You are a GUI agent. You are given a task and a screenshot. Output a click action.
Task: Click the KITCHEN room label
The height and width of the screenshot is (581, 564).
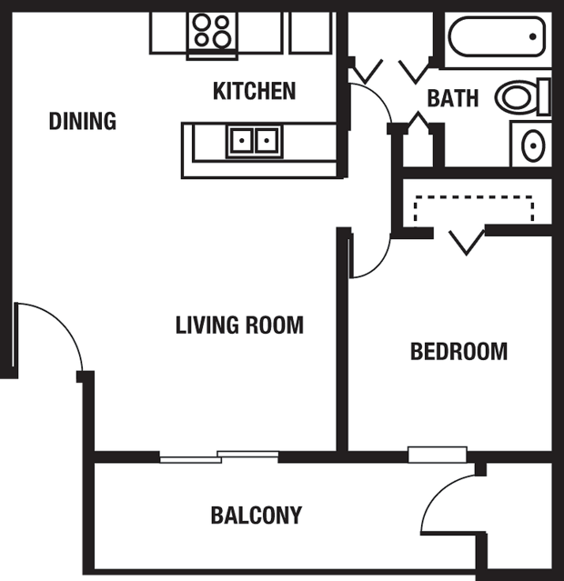point(255,91)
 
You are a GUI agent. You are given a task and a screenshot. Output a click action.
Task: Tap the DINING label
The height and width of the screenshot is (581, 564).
point(83,121)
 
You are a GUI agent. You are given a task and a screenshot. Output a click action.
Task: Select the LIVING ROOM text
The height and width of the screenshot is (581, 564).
point(239,325)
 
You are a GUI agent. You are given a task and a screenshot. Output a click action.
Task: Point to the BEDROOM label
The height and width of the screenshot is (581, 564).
point(458,351)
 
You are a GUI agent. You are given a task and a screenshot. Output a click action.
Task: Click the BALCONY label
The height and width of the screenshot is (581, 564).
point(257,515)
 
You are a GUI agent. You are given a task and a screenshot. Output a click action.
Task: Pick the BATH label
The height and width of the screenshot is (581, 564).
point(453,98)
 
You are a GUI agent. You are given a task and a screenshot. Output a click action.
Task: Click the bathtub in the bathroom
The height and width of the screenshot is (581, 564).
point(498,36)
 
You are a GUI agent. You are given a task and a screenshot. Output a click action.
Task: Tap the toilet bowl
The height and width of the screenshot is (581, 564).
point(517,96)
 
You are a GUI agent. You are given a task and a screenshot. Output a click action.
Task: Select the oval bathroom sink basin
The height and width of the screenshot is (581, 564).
point(533,145)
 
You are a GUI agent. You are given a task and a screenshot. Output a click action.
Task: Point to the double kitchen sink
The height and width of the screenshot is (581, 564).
point(255,141)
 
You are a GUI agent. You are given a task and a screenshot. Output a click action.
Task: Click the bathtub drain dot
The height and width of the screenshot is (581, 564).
point(533,36)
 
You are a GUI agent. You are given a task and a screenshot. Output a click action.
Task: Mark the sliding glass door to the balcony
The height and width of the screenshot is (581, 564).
point(219,456)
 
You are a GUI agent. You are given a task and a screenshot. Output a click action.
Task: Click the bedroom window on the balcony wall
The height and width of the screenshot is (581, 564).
point(438,455)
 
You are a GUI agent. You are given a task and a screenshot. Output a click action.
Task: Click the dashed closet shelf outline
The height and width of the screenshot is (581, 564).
point(474,197)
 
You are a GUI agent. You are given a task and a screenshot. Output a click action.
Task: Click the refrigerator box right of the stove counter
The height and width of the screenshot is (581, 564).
point(310,33)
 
